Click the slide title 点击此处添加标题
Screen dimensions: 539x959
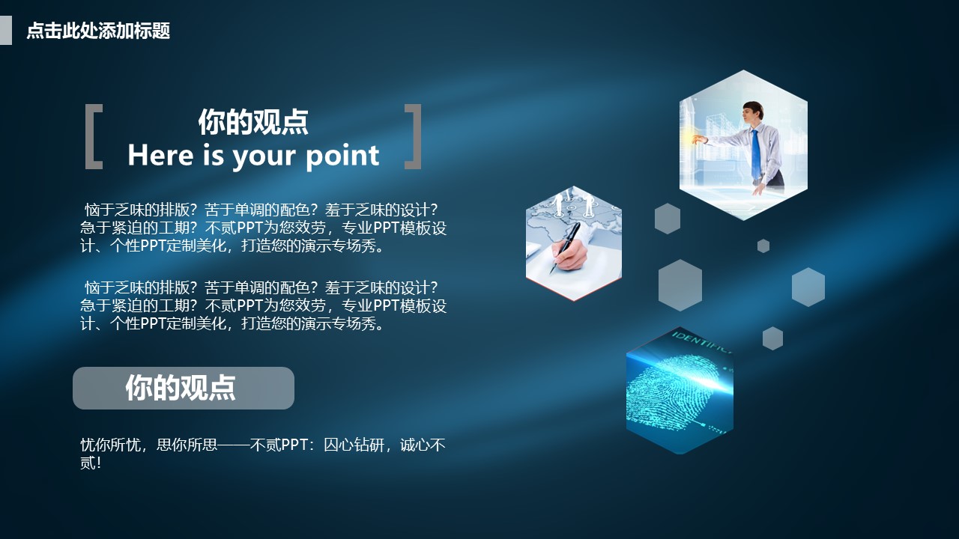(98, 31)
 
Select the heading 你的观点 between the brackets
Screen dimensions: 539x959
(253, 122)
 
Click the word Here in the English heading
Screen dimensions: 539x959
(160, 155)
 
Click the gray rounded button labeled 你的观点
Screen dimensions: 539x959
(184, 388)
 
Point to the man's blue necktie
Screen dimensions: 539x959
(756, 153)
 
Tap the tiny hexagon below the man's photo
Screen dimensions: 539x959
(763, 246)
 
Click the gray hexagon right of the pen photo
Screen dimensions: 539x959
(668, 219)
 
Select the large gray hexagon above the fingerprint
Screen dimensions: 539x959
(680, 285)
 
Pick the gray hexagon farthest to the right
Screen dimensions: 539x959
(808, 287)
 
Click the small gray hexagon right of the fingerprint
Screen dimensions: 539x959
(772, 338)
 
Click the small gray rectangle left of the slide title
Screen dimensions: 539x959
(5, 31)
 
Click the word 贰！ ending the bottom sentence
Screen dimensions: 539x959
(90, 463)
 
